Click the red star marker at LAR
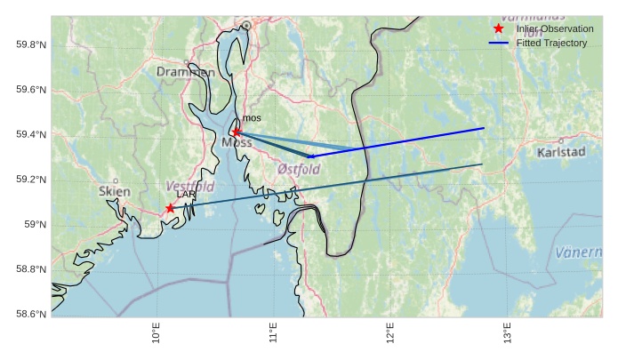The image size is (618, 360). click(170, 208)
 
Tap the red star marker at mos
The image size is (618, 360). click(237, 132)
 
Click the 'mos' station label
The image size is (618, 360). click(252, 118)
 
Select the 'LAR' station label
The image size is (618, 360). click(186, 194)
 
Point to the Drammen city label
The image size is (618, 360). click(185, 72)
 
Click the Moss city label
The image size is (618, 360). click(237, 142)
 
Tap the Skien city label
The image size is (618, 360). click(115, 191)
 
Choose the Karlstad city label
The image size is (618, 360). click(562, 152)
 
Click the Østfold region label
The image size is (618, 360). click(299, 168)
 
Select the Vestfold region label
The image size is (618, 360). click(190, 186)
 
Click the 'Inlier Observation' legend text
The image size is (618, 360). click(554, 29)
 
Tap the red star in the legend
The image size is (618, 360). click(498, 28)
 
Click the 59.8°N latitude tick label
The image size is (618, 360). click(31, 44)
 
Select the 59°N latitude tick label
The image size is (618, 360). click(36, 224)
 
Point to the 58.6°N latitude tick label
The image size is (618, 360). click(31, 314)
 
